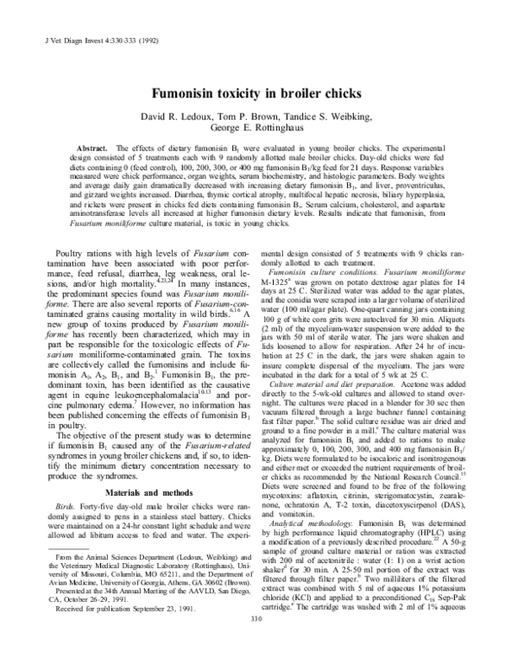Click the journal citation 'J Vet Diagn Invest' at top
coord(52,16)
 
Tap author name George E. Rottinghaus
coord(258,129)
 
